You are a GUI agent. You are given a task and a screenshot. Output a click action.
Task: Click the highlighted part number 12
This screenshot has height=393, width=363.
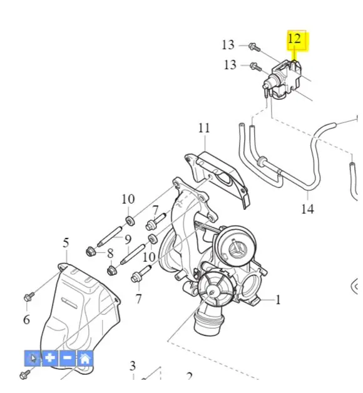click(294, 39)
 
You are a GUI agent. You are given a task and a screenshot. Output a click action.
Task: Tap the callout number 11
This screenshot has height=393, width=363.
click(204, 128)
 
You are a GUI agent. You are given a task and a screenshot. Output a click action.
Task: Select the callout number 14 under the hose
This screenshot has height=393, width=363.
click(307, 209)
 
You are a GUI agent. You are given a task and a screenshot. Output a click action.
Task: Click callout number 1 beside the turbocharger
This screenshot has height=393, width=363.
click(278, 300)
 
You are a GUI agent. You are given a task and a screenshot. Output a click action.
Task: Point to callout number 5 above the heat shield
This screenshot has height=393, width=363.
click(66, 243)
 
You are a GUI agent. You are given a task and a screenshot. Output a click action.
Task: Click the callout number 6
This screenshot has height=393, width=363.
click(27, 320)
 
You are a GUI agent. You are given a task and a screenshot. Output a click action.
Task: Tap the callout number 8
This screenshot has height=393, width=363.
click(110, 254)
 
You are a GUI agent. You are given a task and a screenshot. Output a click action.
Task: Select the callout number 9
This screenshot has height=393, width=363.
click(128, 240)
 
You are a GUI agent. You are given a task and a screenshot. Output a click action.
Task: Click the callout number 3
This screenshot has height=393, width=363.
click(133, 366)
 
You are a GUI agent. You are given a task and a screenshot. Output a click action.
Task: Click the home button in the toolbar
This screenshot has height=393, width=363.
click(85, 359)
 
